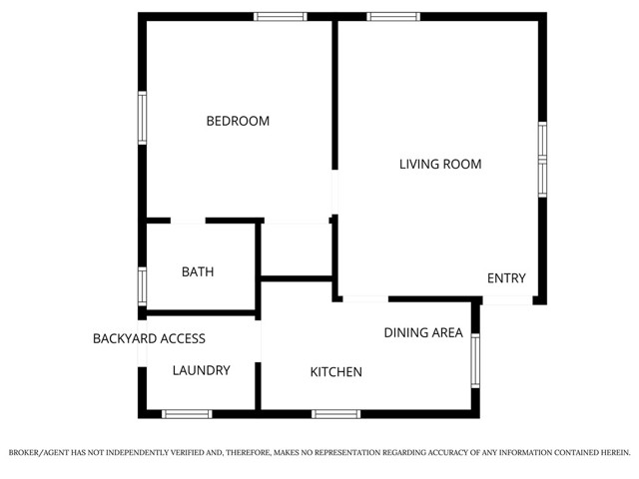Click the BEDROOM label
tap(238, 121)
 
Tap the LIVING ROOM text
tap(440, 164)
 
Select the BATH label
tap(197, 271)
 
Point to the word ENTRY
tap(505, 278)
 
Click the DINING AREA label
tap(423, 332)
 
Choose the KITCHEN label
tap(335, 372)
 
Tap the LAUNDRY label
tap(201, 370)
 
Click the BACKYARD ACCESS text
tap(149, 338)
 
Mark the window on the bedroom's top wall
tap(280, 16)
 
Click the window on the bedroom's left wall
tap(143, 118)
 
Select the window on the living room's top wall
tap(393, 16)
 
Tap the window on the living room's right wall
tap(542, 157)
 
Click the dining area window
tap(475, 360)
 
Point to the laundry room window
tap(187, 413)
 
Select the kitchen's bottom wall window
tap(335, 413)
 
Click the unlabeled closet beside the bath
tap(296, 248)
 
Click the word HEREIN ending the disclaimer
tap(611, 452)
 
